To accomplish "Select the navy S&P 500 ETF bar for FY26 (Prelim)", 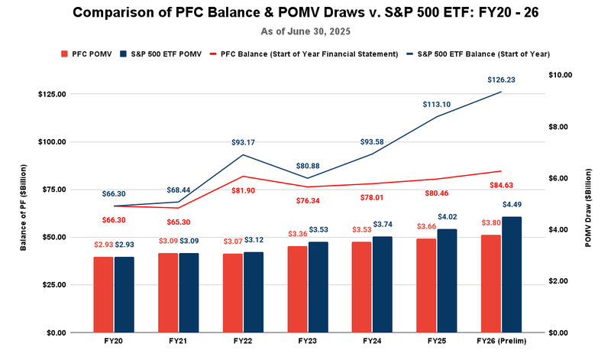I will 512,274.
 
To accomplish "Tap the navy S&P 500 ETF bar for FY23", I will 318,287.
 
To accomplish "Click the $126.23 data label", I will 501,79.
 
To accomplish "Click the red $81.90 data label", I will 244,190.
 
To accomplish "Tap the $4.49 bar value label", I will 512,205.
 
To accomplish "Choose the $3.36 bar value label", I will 297,234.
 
